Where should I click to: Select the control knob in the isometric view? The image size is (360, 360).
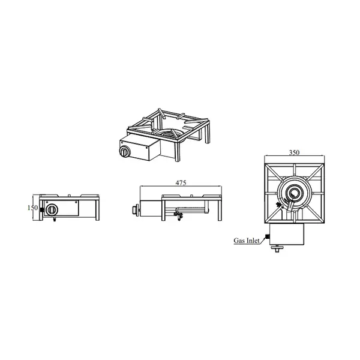(x=126, y=152)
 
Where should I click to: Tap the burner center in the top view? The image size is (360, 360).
(x=294, y=193)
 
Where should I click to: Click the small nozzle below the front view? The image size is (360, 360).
(x=55, y=220)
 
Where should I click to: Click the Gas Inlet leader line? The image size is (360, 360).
(x=264, y=239)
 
